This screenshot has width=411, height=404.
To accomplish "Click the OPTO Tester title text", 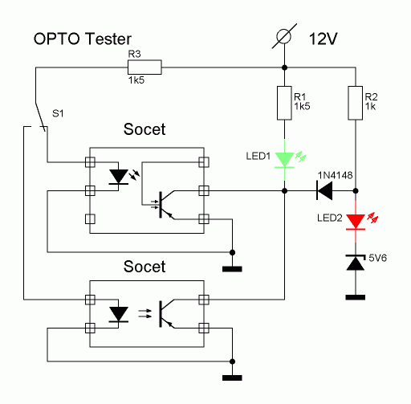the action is pos(83,39).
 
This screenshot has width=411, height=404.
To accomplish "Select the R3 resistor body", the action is pos(144,67).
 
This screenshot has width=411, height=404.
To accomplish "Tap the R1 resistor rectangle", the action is pos(284,103).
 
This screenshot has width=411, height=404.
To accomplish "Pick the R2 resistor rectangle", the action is pos(356,103).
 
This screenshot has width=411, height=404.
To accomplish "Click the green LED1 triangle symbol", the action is pos(284,160).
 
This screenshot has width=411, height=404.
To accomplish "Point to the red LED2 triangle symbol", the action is pos(356,222).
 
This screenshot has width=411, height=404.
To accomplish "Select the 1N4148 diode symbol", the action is pos(324,190).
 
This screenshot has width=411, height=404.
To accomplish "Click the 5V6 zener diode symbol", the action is pos(356,263).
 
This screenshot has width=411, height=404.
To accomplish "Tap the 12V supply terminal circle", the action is pos(283,36).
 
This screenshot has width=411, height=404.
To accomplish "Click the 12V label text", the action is pos(324,39).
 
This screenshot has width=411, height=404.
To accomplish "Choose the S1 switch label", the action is pos(58,113).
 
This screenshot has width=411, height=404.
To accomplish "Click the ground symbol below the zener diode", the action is pos(356,297).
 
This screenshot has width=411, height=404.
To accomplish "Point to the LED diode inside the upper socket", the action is pos(119,177).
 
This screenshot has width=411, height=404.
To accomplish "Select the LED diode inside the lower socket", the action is pos(119,314).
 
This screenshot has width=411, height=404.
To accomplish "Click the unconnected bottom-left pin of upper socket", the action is pos(90,219).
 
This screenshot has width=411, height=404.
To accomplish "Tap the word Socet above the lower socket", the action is pos(144,267).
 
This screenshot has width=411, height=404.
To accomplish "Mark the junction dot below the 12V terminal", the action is pos(284,67).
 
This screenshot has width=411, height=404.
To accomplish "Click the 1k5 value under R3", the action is pos(136,80).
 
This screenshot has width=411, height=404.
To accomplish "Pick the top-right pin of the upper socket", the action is pos(204,162).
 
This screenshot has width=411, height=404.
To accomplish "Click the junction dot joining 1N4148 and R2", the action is pos(356,190).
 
